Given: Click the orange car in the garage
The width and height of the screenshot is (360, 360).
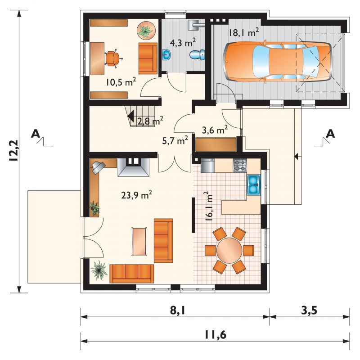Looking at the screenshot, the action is pyautogui.click(x=278, y=61).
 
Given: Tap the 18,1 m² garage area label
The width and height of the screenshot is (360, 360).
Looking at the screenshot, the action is pyautogui.click(x=243, y=32).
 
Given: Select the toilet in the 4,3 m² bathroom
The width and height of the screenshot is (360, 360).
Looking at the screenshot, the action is pyautogui.click(x=197, y=54).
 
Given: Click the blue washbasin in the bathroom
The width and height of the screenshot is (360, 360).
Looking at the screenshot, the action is pyautogui.click(x=167, y=54).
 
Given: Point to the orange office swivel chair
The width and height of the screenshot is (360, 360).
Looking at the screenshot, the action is pyautogui.click(x=113, y=58).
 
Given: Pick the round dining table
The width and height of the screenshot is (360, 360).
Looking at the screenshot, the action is pyautogui.click(x=229, y=250).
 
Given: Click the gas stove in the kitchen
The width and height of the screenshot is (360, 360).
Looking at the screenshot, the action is pyautogui.click(x=240, y=166).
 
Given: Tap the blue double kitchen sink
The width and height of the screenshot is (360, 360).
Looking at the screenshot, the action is pyautogui.click(x=254, y=185).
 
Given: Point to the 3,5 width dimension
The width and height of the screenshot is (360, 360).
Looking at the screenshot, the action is pyautogui.click(x=309, y=310).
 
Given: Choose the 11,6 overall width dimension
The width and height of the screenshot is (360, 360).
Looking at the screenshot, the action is pyautogui.click(x=216, y=335).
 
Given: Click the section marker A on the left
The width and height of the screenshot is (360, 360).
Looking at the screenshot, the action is pyautogui.click(x=36, y=133).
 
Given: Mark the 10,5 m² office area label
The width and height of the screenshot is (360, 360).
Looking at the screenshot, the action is pyautogui.click(x=121, y=82).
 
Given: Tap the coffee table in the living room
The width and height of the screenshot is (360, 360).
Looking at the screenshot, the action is pyautogui.click(x=139, y=241).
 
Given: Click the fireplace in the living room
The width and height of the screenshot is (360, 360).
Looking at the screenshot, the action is pyautogui.click(x=133, y=167).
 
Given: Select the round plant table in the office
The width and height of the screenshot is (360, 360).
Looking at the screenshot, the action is pyautogui.click(x=147, y=31).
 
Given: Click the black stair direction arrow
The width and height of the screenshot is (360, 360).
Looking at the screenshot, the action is pyautogui.click(x=131, y=117).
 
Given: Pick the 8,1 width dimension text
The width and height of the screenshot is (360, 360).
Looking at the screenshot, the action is pyautogui.click(x=177, y=310).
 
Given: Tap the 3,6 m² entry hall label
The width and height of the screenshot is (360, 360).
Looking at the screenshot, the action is pyautogui.click(x=215, y=130).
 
